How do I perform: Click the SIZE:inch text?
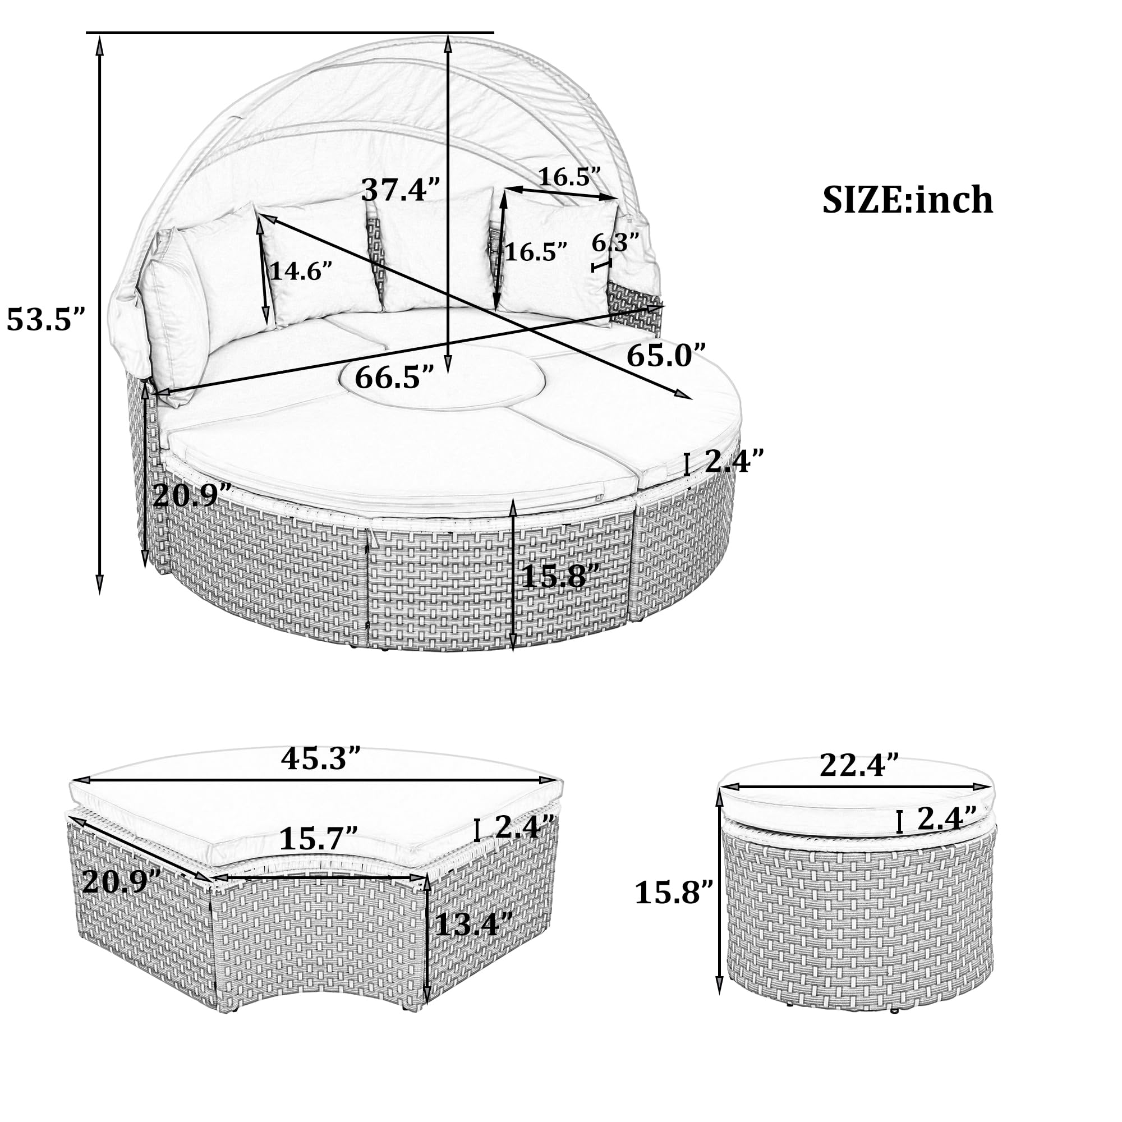907,200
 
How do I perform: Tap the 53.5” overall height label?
46,319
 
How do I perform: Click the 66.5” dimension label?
394,378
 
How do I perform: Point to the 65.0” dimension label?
666,356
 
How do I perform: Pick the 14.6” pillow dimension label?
301,270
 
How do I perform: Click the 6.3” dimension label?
615,242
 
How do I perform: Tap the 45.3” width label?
321,758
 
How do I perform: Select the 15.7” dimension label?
318,838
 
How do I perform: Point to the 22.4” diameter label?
859,765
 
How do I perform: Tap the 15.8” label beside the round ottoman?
673,892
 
